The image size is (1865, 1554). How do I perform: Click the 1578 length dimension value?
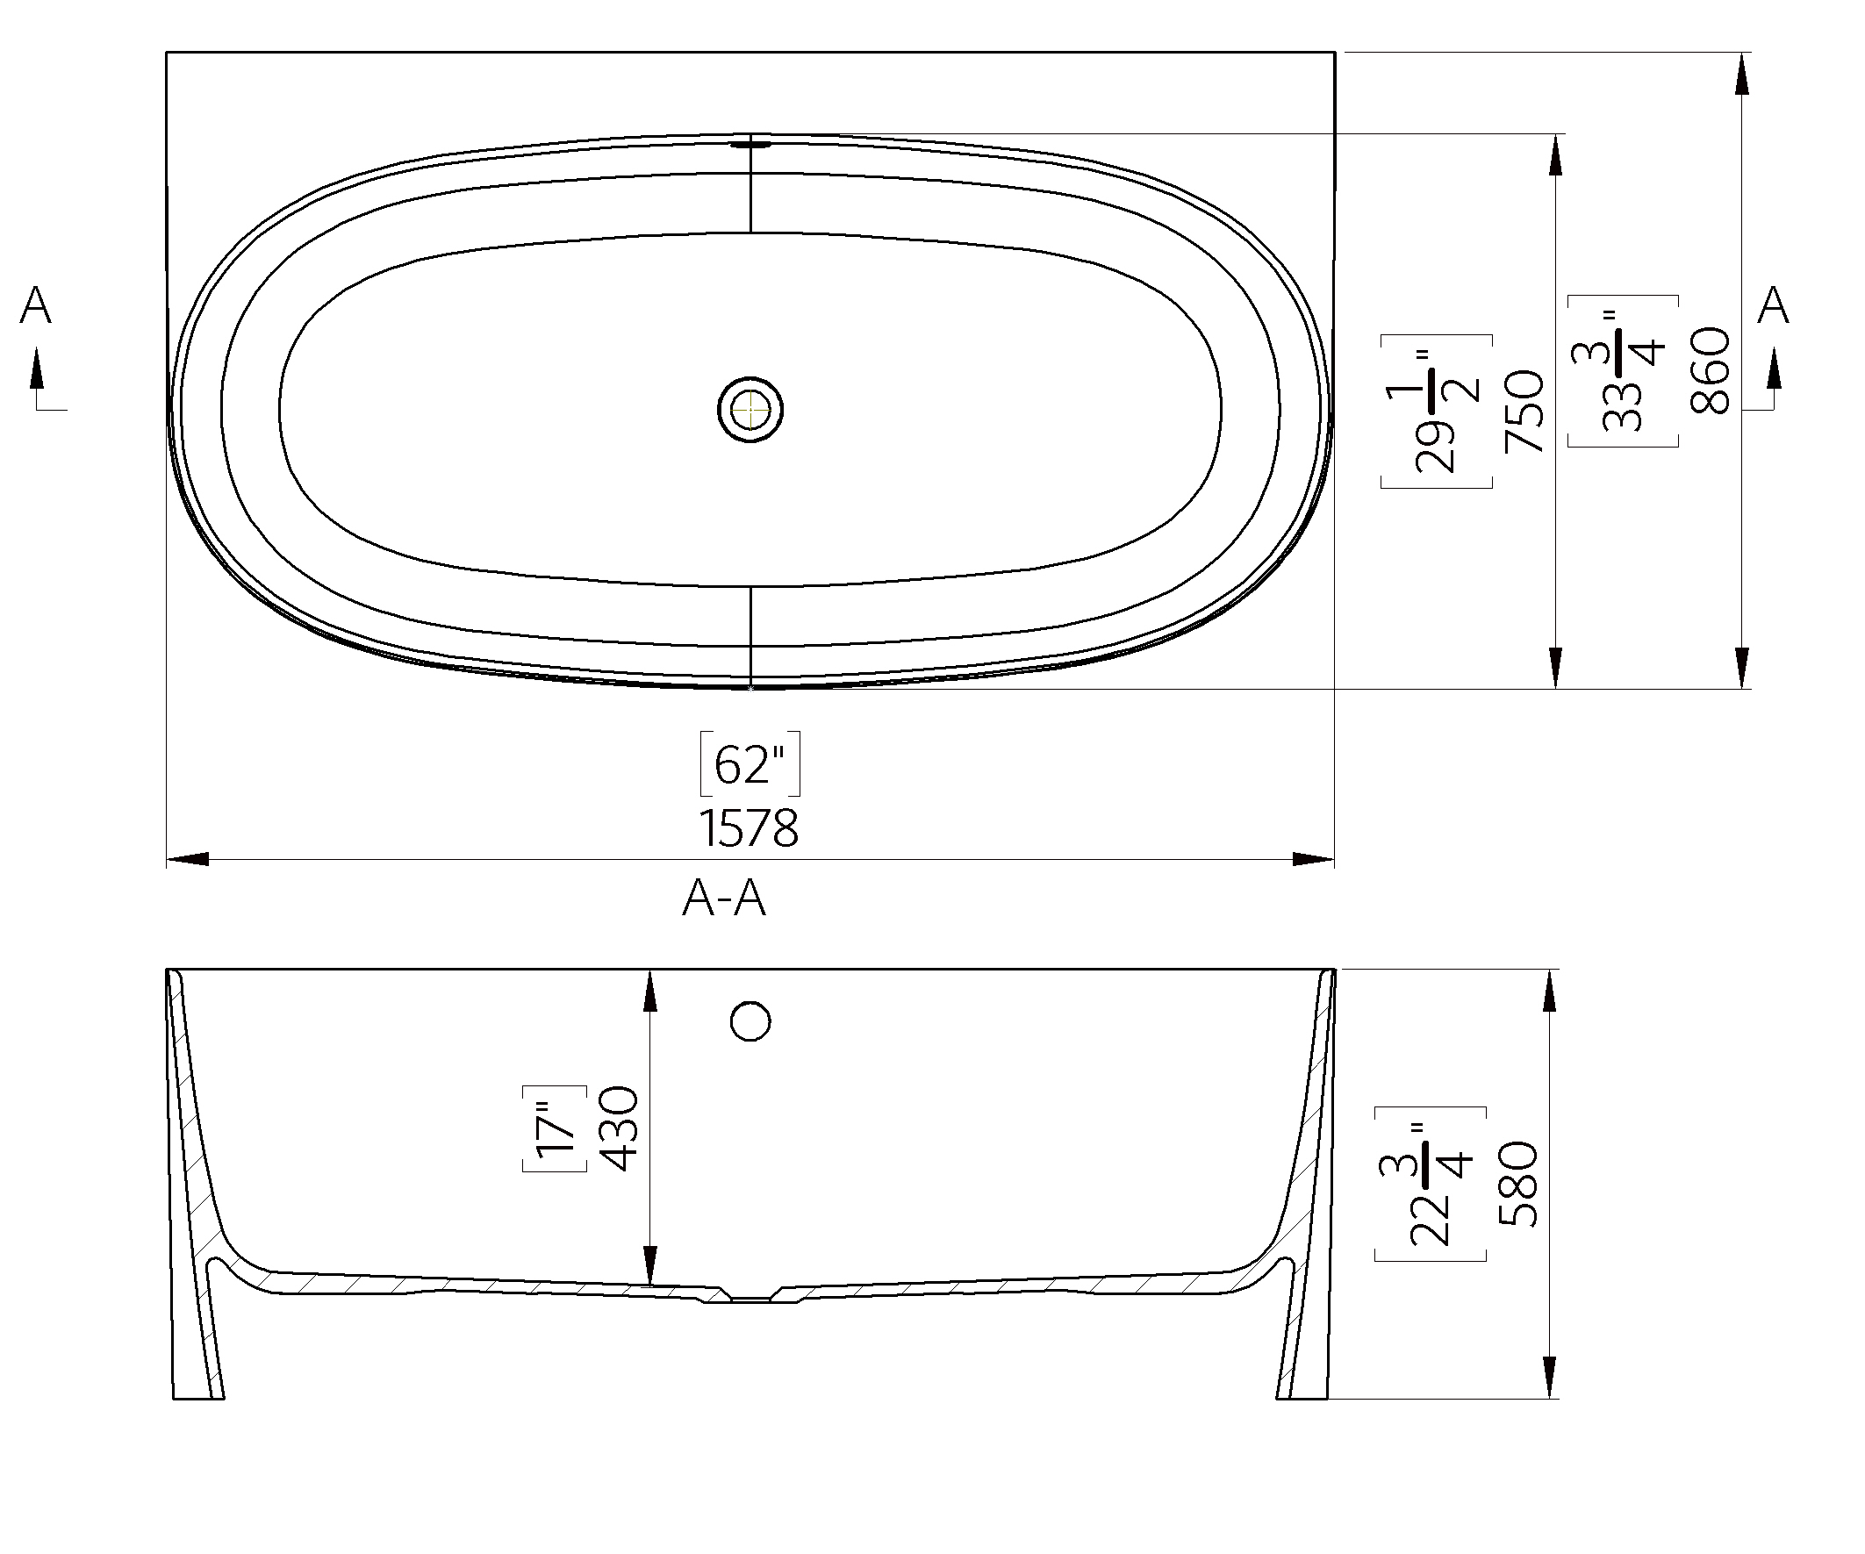coord(749,828)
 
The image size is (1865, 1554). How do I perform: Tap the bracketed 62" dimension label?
coord(750,763)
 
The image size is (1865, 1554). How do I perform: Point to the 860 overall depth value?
coord(1711,370)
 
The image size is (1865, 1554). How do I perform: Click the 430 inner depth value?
coord(620,1128)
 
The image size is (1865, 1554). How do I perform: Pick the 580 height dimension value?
coord(1518,1184)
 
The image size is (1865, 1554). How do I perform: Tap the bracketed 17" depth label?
coord(556,1128)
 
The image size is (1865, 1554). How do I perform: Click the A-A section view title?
coord(724,899)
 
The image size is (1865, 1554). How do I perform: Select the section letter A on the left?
coord(35,305)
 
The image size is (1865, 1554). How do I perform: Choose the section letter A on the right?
coord(1773,305)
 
